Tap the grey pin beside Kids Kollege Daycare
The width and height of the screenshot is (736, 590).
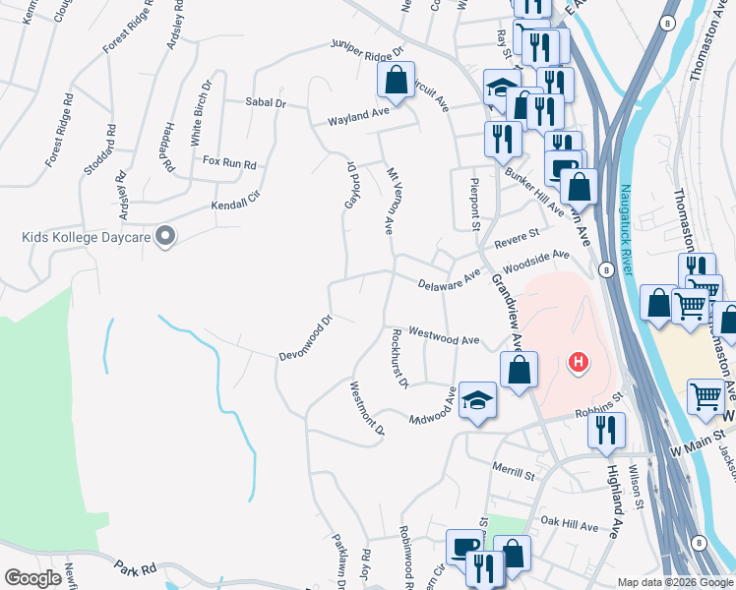[x=165, y=236]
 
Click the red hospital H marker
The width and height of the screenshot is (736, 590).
[x=579, y=363]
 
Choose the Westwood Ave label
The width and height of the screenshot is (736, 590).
[x=443, y=337]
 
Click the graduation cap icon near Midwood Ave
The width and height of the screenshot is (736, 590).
[x=477, y=400]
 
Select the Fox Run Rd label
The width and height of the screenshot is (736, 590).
[x=228, y=161]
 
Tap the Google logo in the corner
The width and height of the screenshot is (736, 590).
[x=32, y=577]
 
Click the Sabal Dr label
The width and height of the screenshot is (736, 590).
[x=266, y=101]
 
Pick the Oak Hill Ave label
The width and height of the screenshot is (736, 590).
[x=569, y=526]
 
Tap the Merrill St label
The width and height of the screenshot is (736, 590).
[x=515, y=474]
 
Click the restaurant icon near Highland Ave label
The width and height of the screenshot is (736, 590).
[x=606, y=430]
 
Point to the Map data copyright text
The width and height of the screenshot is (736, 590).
[x=675, y=582]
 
